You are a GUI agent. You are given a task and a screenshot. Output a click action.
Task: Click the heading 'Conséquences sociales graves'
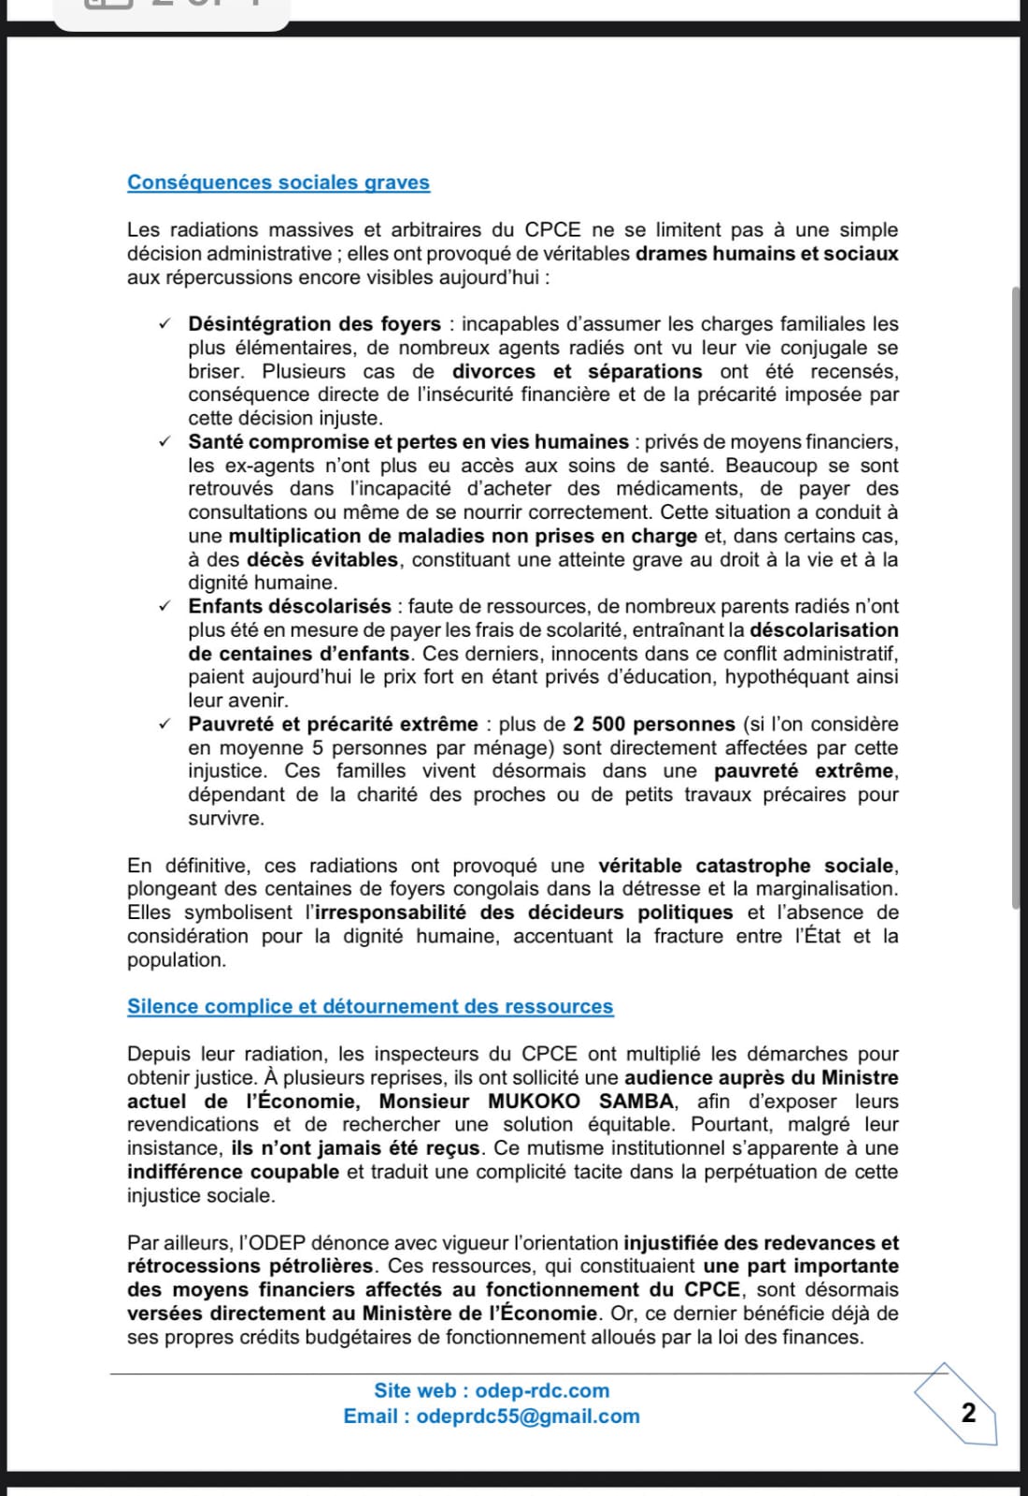tap(278, 182)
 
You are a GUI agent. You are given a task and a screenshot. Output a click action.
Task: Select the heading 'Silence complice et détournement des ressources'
tap(370, 1006)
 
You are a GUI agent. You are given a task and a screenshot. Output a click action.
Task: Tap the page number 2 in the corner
tap(968, 1413)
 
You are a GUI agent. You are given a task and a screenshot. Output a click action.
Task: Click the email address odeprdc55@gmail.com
tap(528, 1416)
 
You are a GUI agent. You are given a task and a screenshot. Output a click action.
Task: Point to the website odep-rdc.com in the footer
tap(555, 1390)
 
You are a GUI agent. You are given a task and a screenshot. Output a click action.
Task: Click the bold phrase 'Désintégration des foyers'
tap(314, 324)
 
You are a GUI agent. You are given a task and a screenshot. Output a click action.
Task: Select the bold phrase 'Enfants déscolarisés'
tap(290, 606)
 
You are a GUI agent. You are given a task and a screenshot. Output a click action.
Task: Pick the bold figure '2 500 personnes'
tap(654, 724)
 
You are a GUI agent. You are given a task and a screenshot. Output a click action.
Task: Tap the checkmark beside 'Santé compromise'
tap(164, 441)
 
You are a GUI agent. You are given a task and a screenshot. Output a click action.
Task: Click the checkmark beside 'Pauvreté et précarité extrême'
tap(164, 724)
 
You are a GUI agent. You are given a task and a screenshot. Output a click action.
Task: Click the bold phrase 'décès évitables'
tap(322, 559)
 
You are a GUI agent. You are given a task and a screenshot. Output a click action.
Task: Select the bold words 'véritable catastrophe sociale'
tap(746, 865)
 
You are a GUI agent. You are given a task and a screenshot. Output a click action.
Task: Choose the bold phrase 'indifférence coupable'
tap(233, 1172)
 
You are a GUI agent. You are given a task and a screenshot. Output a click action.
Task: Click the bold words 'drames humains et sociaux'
tap(766, 253)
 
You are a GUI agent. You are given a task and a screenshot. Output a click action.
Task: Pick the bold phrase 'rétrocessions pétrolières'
tap(250, 1266)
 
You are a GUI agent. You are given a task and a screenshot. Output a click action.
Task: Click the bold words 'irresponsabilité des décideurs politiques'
tap(523, 912)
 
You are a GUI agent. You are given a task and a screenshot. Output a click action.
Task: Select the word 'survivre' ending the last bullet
tap(226, 818)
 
